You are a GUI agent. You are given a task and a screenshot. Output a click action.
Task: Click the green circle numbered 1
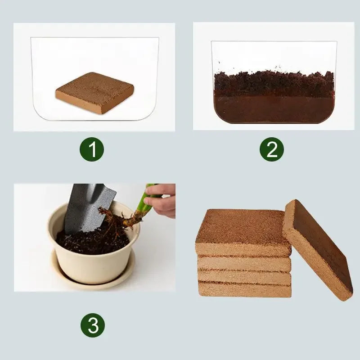click(x=92, y=150)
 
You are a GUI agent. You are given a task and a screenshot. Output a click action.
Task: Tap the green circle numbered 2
click(x=272, y=150)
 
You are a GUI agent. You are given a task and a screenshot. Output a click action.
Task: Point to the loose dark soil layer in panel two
click(x=274, y=81)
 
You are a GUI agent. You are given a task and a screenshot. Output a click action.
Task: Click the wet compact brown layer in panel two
click(x=274, y=108)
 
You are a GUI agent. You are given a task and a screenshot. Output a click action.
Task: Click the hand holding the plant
click(x=162, y=200)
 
